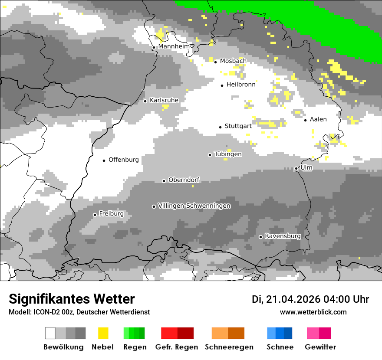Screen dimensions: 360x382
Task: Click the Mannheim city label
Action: [174, 46]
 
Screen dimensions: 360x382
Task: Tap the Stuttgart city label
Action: [238, 126]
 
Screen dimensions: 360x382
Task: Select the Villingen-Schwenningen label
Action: [194, 206]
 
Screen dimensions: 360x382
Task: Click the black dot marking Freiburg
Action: [95, 215]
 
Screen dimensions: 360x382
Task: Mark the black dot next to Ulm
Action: [296, 168]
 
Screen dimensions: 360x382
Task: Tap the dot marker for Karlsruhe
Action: [145, 101]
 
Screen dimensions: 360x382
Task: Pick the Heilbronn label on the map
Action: [241, 85]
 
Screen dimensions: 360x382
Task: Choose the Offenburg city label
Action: [124, 160]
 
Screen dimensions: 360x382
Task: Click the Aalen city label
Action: [318, 119]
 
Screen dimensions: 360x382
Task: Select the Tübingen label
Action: [228, 154]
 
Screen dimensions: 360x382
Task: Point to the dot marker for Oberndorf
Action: [164, 181]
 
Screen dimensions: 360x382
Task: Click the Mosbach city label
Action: [233, 61]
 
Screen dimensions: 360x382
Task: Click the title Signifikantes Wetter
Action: [72, 299]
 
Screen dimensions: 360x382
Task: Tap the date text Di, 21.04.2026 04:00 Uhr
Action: [310, 299]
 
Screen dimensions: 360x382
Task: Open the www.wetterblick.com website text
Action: [313, 312]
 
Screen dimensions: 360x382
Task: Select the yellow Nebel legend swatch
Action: [103, 333]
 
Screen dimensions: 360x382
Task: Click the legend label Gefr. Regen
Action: [177, 347]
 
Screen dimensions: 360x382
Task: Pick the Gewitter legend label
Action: [320, 347]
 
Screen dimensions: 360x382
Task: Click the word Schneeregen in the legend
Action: [229, 347]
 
